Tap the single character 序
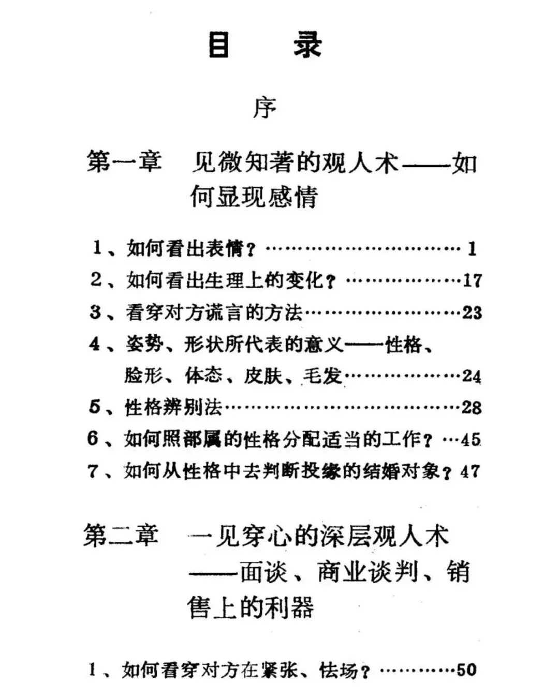coord(264,108)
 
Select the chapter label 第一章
coord(124,161)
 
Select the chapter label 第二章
coord(121,536)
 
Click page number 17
coord(472,281)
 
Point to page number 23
coord(472,313)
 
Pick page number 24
coord(472,376)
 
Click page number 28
coord(472,408)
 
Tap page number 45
coord(470,440)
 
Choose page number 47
coord(470,471)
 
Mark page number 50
coord(466,670)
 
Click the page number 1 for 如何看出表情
coord(472,249)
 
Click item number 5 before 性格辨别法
coord(95,407)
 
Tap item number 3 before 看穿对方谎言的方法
coord(95,312)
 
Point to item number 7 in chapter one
coord(93,471)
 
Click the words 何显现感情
coord(254,197)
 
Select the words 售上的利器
coord(251,607)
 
